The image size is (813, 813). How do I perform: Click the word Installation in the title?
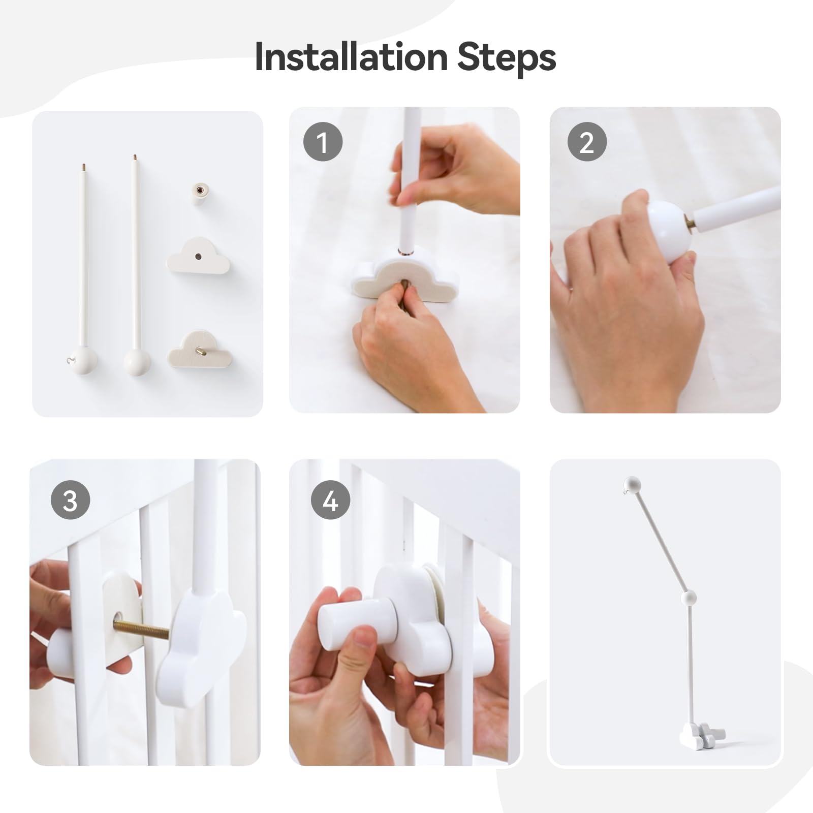[x=351, y=57]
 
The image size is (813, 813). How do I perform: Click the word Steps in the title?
[x=507, y=58]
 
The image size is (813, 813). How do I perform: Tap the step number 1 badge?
[x=323, y=142]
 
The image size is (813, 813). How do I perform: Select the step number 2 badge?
[x=587, y=142]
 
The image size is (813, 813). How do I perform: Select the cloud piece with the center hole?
[x=198, y=255]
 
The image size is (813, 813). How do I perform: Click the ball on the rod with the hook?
[x=83, y=361]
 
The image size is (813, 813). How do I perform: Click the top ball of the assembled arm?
[x=632, y=485]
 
